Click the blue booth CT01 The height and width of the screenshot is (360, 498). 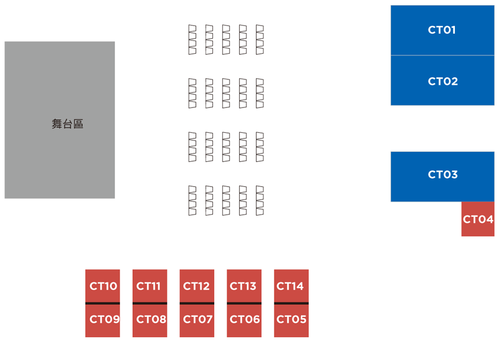click(x=442, y=30)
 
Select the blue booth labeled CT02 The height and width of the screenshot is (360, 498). click(x=442, y=81)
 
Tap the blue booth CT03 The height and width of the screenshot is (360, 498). click(x=442, y=175)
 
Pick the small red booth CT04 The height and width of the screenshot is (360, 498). click(x=478, y=219)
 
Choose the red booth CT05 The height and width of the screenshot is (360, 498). click(x=291, y=320)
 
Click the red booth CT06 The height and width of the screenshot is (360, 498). click(x=244, y=320)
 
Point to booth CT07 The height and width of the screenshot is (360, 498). click(x=197, y=320)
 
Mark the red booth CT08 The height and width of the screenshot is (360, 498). click(x=150, y=320)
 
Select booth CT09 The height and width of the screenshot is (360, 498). click(x=102, y=320)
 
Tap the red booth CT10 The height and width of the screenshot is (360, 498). click(x=102, y=286)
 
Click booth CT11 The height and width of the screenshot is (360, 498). click(x=150, y=286)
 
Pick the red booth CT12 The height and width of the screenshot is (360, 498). click(x=197, y=286)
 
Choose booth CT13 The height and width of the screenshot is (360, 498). click(x=244, y=286)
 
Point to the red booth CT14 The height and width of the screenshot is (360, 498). click(x=291, y=286)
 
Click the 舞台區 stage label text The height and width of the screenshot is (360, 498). click(x=68, y=124)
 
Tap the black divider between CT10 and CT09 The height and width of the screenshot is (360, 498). click(x=102, y=303)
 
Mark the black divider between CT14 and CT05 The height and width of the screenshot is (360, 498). click(x=291, y=303)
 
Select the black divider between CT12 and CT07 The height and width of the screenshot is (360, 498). click(x=197, y=303)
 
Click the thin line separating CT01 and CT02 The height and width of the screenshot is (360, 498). click(x=442, y=55)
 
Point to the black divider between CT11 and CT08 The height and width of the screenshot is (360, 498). click(x=150, y=303)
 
